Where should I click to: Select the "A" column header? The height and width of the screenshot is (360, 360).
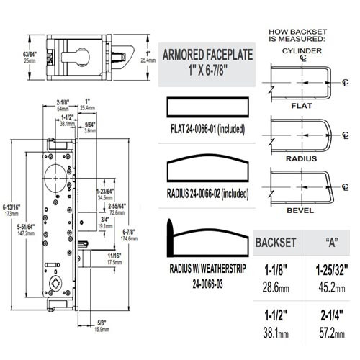click(x=333, y=241)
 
